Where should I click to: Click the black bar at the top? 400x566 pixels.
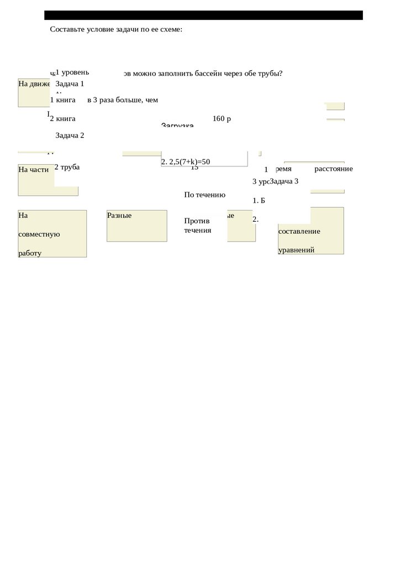click(x=203, y=15)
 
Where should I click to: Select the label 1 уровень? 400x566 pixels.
click(x=72, y=72)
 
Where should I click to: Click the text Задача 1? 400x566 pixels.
click(x=70, y=84)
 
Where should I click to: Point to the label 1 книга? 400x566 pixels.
click(x=62, y=100)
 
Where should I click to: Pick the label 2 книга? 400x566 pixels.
click(x=62, y=118)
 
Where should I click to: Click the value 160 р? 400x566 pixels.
click(x=221, y=118)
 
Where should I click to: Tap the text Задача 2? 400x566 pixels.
click(x=70, y=135)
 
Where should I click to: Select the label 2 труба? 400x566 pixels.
click(x=67, y=167)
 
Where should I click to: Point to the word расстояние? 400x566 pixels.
click(x=333, y=169)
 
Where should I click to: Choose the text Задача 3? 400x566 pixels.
click(x=284, y=181)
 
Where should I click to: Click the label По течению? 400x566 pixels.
click(x=204, y=195)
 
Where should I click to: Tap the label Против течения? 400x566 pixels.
click(x=197, y=226)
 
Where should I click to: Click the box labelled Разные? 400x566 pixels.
click(x=136, y=226)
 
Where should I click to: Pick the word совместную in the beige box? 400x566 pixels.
click(x=39, y=234)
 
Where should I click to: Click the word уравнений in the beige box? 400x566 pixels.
click(x=296, y=250)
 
